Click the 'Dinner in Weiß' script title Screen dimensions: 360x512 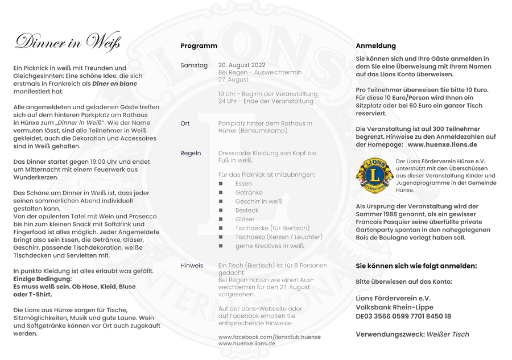coord(68,42)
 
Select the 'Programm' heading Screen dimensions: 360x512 coord(199,45)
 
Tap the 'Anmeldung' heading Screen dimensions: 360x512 coord(375,45)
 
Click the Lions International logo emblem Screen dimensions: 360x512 coord(373,176)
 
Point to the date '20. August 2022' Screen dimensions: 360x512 coord(242,65)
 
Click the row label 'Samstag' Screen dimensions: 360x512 coord(194,65)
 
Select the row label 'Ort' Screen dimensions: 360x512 coord(185,123)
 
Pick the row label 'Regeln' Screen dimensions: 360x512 coord(191,153)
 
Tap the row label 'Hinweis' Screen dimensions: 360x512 coord(192,265)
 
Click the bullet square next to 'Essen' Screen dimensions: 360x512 coord(221,184)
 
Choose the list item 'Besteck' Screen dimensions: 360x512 coord(246,210)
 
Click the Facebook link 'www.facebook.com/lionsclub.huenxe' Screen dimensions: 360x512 coord(269,337)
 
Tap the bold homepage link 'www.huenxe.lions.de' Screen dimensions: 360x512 coord(442,144)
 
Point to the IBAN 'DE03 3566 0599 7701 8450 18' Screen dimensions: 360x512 coord(403,316)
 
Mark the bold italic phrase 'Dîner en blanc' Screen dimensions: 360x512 coord(114,84)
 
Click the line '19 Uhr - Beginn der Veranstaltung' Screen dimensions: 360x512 coord(268,94)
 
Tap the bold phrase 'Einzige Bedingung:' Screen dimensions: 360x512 coord(43,279)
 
